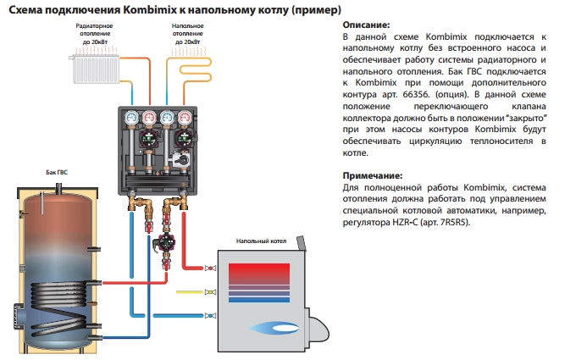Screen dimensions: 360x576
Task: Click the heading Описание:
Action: (366, 26)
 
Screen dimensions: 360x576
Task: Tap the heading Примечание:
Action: (374, 174)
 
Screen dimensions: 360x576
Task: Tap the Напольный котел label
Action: (259, 241)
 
